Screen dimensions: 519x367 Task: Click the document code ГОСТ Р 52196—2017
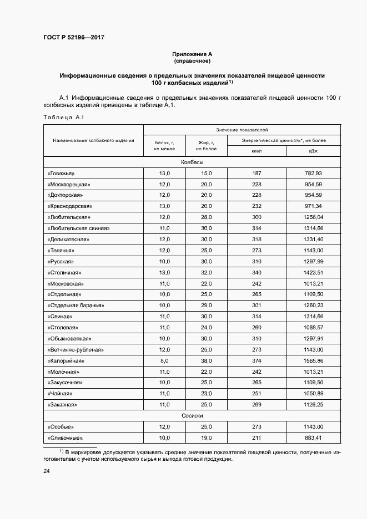[73, 37]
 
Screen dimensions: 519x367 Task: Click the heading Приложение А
[192, 54]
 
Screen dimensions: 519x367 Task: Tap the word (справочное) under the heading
[192, 61]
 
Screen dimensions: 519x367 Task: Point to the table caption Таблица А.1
[63, 117]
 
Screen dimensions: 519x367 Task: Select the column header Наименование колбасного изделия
[93, 140]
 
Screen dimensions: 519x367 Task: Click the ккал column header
[257, 151]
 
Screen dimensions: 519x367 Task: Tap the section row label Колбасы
[192, 162]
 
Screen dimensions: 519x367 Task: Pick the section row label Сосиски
[192, 415]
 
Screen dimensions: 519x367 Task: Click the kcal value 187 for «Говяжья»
[257, 174]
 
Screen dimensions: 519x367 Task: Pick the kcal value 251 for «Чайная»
[257, 394]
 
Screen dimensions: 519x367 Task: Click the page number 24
[47, 471]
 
